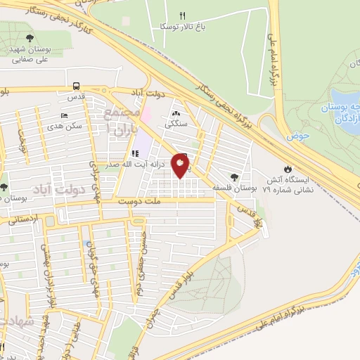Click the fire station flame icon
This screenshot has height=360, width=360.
pos(287,169)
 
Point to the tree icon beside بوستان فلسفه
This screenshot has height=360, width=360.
pos(233,178)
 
